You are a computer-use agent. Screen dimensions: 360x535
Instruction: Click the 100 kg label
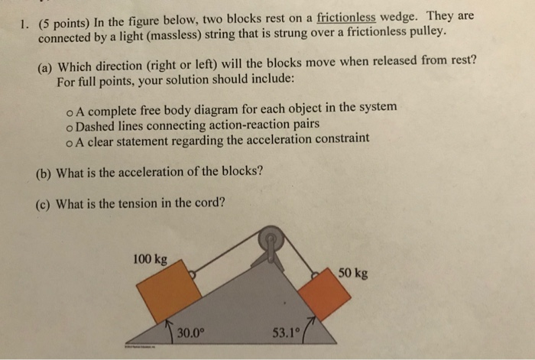tap(150, 259)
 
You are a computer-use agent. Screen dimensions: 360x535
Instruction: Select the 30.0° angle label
tap(191, 332)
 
